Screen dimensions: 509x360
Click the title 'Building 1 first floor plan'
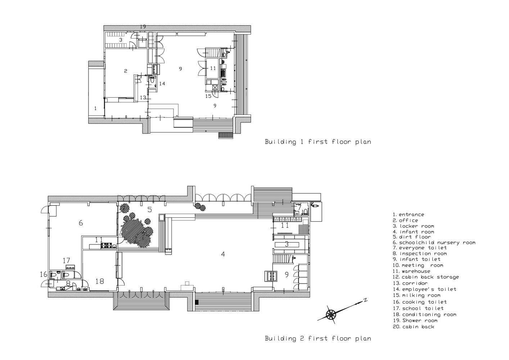tap(318, 142)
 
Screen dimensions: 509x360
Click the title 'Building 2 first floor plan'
tap(318, 338)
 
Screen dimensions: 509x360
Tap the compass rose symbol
tap(331, 315)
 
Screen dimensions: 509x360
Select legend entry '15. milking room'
tap(417, 296)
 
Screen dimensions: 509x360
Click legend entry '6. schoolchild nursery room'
tap(434, 243)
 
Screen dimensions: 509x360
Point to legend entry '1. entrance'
tap(408, 215)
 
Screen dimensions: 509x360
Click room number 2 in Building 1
tap(126, 71)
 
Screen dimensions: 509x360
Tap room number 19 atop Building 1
tap(143, 27)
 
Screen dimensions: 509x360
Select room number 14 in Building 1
tap(162, 84)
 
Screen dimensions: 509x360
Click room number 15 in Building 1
tap(208, 96)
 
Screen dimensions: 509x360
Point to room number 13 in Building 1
tap(143, 98)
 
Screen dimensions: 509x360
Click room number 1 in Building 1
tap(95, 108)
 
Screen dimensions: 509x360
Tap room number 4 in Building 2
tap(223, 254)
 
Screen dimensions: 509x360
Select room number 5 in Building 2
tap(149, 210)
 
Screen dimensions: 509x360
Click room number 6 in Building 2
tap(81, 223)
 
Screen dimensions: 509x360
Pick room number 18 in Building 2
tap(99, 282)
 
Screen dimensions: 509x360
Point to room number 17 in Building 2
tap(66, 260)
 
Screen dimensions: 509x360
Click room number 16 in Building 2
tap(44, 275)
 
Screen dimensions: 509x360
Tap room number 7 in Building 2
tap(299, 207)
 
